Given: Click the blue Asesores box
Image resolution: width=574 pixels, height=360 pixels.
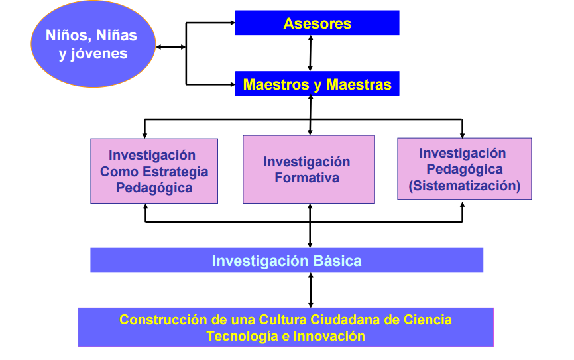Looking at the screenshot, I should click(x=317, y=23).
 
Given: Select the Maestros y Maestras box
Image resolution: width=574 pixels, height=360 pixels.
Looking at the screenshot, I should click(x=317, y=84).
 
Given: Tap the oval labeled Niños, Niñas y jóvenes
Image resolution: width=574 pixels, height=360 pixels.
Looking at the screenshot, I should click(x=93, y=43).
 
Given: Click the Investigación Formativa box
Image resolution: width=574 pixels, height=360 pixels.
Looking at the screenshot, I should click(x=309, y=169).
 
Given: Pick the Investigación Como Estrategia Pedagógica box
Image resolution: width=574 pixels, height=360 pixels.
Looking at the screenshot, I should click(x=154, y=171).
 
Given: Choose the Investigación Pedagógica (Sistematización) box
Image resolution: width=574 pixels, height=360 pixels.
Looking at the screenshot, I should click(x=464, y=168).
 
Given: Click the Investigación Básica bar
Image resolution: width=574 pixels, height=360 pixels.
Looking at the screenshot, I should click(x=286, y=261).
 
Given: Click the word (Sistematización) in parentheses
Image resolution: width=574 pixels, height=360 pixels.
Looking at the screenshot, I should click(x=464, y=186).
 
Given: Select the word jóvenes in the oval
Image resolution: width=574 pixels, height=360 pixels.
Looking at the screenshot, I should click(x=93, y=54).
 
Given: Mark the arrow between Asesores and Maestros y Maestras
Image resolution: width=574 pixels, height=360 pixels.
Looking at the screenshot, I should click(x=310, y=53).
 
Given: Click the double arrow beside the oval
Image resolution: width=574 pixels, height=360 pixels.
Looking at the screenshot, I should click(x=170, y=47).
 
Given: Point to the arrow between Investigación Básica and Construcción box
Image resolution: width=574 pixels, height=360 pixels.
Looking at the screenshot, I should click(x=310, y=290).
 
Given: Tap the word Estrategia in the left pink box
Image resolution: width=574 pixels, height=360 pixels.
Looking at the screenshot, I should click(x=174, y=172).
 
